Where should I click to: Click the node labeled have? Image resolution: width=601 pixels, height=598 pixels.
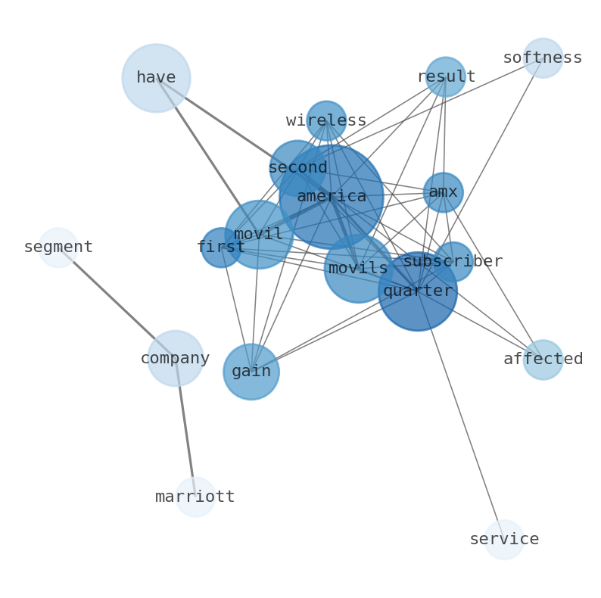[x=157, y=78]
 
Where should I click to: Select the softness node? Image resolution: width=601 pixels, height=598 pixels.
[x=543, y=58]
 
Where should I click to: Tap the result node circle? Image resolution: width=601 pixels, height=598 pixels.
[x=445, y=76]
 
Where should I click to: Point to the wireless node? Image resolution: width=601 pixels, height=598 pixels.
[x=326, y=121]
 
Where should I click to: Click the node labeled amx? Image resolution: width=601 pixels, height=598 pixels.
[x=444, y=192]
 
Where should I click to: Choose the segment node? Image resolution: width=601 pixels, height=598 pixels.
[x=58, y=248]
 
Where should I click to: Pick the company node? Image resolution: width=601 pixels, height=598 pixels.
[x=176, y=358]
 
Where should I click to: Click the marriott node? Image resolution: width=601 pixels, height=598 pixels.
[x=195, y=497]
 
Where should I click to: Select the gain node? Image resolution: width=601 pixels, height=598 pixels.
[x=251, y=372]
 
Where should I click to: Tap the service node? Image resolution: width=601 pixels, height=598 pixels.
[x=504, y=540]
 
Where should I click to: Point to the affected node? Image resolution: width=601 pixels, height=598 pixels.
[x=543, y=360]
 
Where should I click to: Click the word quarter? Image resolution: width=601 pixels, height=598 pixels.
[x=418, y=291]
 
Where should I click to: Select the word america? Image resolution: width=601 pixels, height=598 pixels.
[x=332, y=196]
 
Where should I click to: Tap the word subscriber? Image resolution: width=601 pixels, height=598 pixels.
[x=453, y=261]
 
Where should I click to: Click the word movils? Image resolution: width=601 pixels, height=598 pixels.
[x=358, y=268]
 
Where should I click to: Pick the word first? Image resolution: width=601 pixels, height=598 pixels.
[x=221, y=247]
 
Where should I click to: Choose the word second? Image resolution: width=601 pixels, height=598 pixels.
[x=297, y=167]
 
